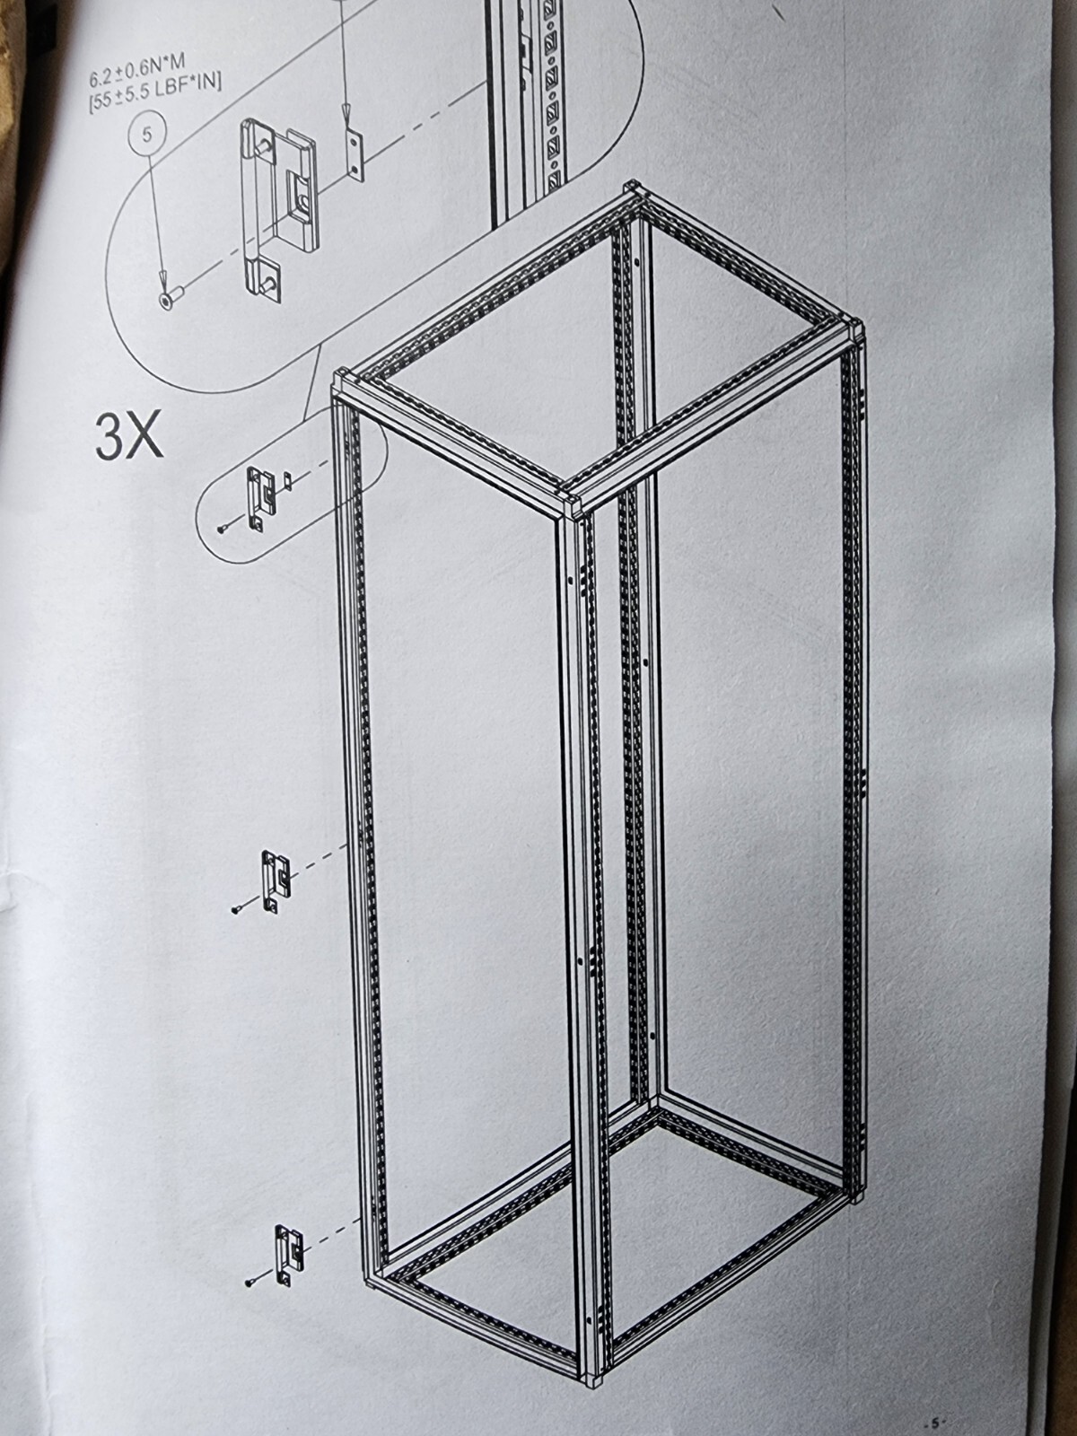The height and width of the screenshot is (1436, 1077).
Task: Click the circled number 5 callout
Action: (x=146, y=135)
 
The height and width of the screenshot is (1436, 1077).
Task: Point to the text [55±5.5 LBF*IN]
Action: (x=155, y=92)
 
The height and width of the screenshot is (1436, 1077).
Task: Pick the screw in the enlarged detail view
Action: (x=170, y=297)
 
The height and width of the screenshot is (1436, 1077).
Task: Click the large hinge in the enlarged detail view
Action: (x=277, y=209)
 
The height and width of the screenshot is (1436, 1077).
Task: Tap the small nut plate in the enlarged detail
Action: (x=352, y=155)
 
